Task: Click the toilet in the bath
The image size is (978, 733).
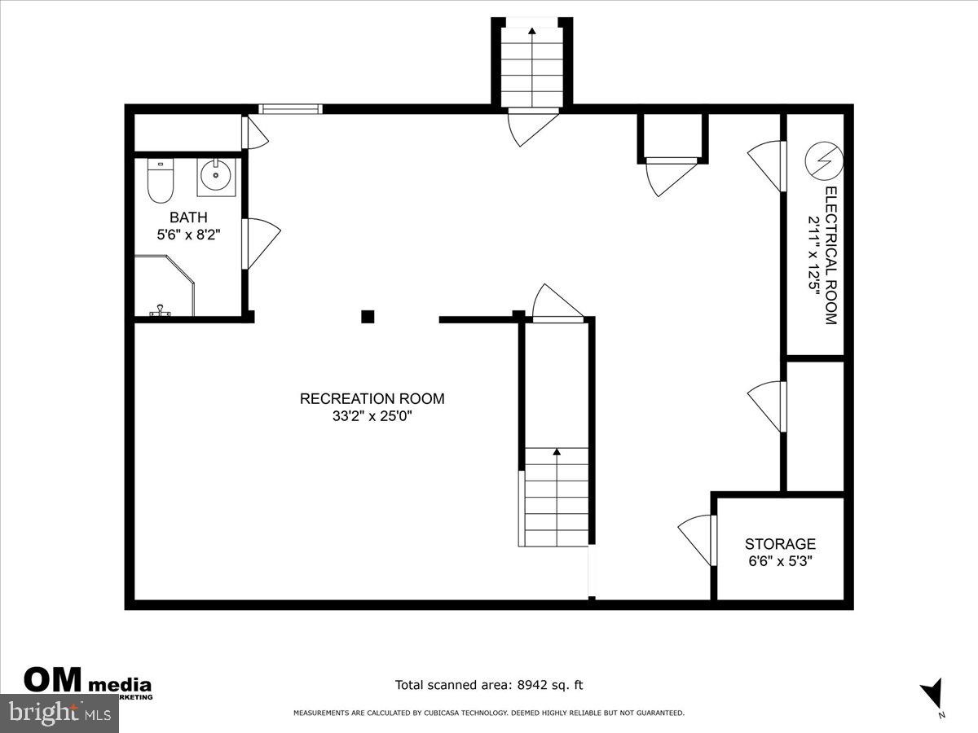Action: (160, 182)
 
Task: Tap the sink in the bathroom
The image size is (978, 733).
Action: (216, 177)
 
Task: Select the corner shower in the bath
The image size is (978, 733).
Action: (165, 287)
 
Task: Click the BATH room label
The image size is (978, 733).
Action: (188, 217)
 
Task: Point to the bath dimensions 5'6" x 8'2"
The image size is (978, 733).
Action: (188, 234)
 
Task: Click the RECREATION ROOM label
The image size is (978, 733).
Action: (372, 399)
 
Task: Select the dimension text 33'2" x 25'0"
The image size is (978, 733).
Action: (372, 416)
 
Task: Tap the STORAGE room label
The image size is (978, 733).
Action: (780, 544)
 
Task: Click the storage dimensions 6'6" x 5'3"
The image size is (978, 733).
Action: (780, 561)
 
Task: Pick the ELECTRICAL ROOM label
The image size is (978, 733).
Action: (830, 256)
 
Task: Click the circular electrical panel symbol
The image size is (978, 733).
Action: (822, 160)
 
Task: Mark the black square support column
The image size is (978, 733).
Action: (368, 317)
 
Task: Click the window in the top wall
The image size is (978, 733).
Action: (290, 109)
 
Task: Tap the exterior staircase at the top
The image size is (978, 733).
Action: (531, 65)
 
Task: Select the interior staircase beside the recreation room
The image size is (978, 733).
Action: (556, 497)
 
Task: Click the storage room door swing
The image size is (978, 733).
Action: (695, 539)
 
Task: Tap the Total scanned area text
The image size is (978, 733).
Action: (489, 686)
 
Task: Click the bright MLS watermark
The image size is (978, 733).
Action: (59, 713)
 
